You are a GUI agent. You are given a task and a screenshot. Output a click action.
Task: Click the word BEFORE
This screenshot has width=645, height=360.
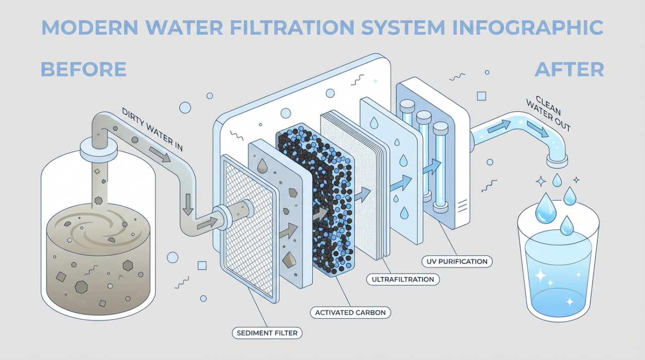click(83, 69)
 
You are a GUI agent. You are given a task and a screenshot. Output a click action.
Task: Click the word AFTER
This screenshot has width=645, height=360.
click(569, 69)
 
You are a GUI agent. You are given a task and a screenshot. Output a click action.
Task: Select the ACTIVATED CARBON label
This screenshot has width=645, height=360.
click(350, 312)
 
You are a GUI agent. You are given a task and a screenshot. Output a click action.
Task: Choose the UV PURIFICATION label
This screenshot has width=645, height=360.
click(456, 261)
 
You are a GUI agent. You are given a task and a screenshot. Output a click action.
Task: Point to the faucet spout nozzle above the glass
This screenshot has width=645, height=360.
click(557, 160)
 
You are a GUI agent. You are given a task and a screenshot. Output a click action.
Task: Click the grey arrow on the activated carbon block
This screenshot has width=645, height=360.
click(319, 214)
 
